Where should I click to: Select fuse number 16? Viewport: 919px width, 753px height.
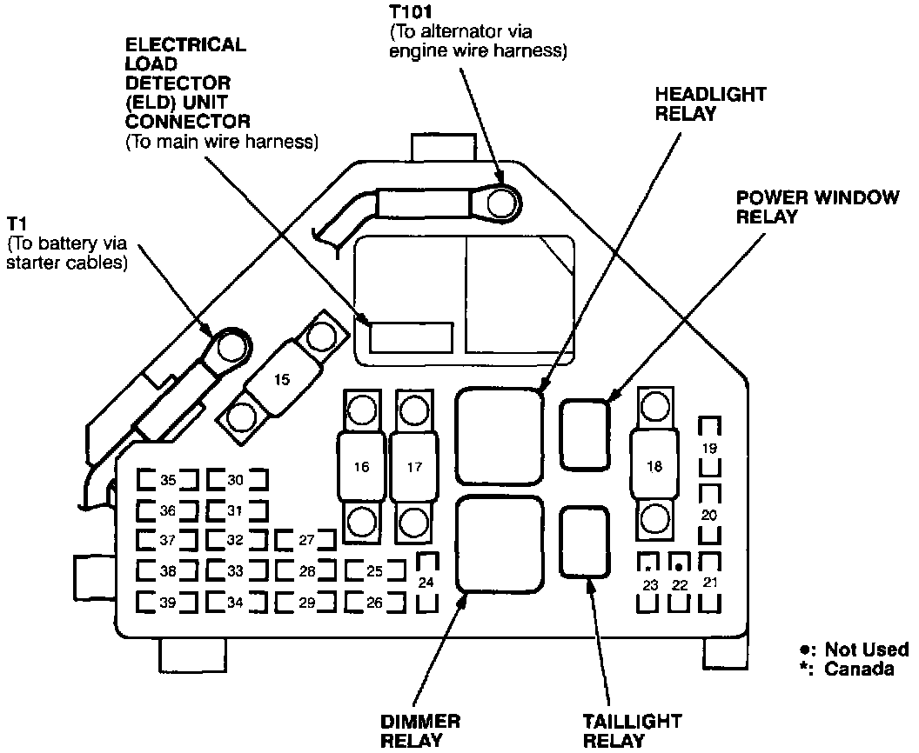(x=361, y=466)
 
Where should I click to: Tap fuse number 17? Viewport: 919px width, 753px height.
(x=413, y=466)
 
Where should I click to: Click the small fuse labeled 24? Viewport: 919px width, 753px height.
(x=426, y=583)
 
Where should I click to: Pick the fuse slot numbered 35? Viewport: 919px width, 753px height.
(x=168, y=480)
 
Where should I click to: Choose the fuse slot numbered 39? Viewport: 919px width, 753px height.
(x=168, y=602)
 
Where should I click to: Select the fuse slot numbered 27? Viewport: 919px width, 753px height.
(x=306, y=540)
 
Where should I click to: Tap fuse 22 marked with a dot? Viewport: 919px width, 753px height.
(x=680, y=583)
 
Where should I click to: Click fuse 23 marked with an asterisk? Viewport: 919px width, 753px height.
(x=649, y=583)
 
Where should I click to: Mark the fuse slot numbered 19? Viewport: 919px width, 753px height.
(x=709, y=447)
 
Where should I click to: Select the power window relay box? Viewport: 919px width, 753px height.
(x=585, y=435)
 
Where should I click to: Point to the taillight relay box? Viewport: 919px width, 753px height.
(x=584, y=542)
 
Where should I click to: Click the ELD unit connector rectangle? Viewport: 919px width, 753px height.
(x=411, y=337)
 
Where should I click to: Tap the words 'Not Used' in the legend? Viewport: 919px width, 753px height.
(x=867, y=650)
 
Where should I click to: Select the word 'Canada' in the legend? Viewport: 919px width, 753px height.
(x=859, y=670)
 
